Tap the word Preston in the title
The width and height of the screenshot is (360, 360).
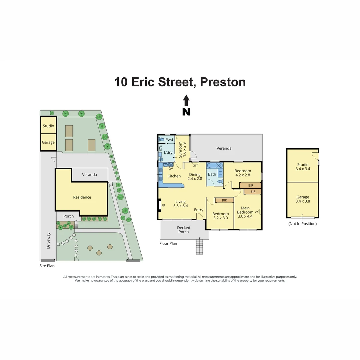223,82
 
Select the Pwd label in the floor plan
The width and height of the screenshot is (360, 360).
169,140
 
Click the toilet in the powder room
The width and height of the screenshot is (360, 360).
162,140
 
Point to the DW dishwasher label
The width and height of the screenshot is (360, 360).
165,164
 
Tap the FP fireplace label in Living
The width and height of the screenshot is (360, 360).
163,205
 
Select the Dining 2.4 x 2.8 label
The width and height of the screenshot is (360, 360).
195,176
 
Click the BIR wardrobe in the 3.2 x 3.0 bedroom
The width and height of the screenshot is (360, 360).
224,200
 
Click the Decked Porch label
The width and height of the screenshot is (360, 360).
184,230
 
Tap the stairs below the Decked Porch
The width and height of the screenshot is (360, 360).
199,247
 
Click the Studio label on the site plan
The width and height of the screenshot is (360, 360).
48,126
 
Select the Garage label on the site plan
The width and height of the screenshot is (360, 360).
48,142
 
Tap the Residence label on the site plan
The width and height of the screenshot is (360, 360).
82,197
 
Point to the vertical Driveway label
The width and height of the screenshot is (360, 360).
48,241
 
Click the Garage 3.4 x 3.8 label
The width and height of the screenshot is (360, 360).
303,199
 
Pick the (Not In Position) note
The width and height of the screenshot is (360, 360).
302,224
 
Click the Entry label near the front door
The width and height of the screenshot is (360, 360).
199,210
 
